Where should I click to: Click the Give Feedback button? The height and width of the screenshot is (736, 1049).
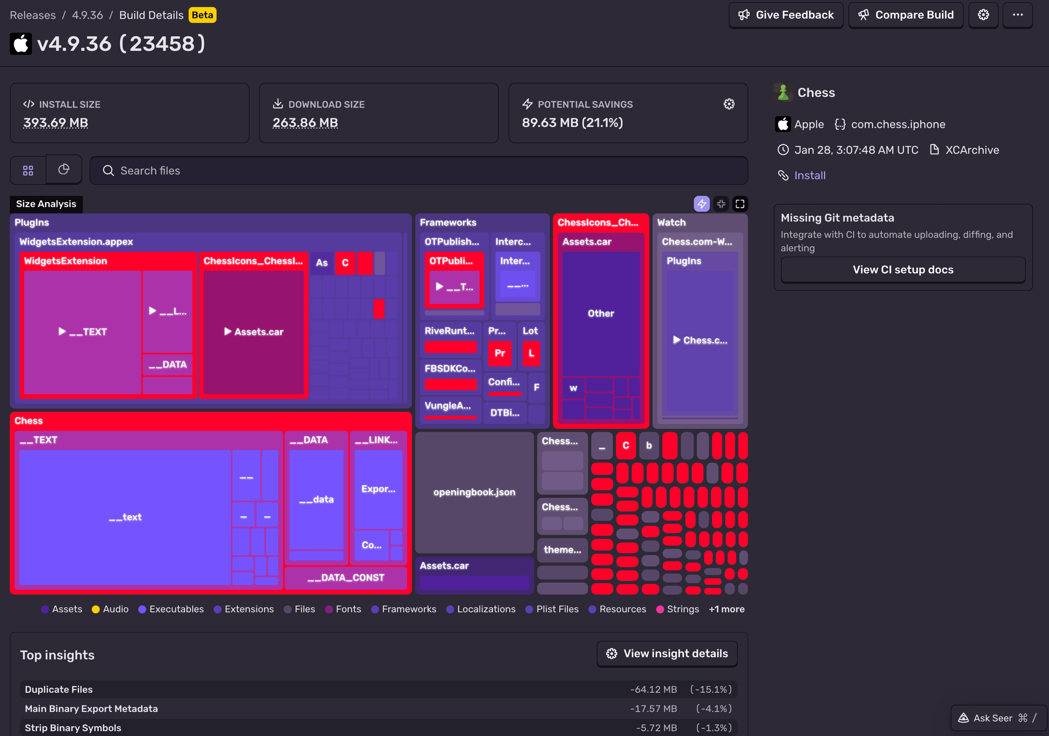click(x=786, y=15)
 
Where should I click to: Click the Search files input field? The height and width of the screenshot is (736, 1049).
click(x=418, y=170)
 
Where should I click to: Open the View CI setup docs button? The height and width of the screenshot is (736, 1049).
click(x=903, y=270)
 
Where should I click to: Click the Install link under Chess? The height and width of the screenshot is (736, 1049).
click(x=809, y=176)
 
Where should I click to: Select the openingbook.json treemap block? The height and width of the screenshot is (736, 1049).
click(x=474, y=492)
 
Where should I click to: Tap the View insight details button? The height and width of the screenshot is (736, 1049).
click(x=667, y=654)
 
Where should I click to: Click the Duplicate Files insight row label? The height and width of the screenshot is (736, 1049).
click(x=59, y=689)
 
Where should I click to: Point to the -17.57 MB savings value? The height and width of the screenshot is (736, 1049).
click(x=653, y=709)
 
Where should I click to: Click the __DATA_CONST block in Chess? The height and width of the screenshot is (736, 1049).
click(x=346, y=578)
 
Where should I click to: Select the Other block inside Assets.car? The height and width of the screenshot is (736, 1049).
click(x=600, y=313)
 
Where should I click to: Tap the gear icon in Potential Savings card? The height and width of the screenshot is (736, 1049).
click(x=729, y=104)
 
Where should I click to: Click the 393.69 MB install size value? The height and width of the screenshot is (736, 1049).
click(x=55, y=123)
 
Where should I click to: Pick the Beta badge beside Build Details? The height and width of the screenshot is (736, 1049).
click(x=202, y=15)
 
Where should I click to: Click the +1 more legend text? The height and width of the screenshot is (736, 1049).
click(x=726, y=609)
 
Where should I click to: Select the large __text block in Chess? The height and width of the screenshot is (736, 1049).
click(x=125, y=517)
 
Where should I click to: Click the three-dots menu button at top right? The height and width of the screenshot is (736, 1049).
click(x=1017, y=15)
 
